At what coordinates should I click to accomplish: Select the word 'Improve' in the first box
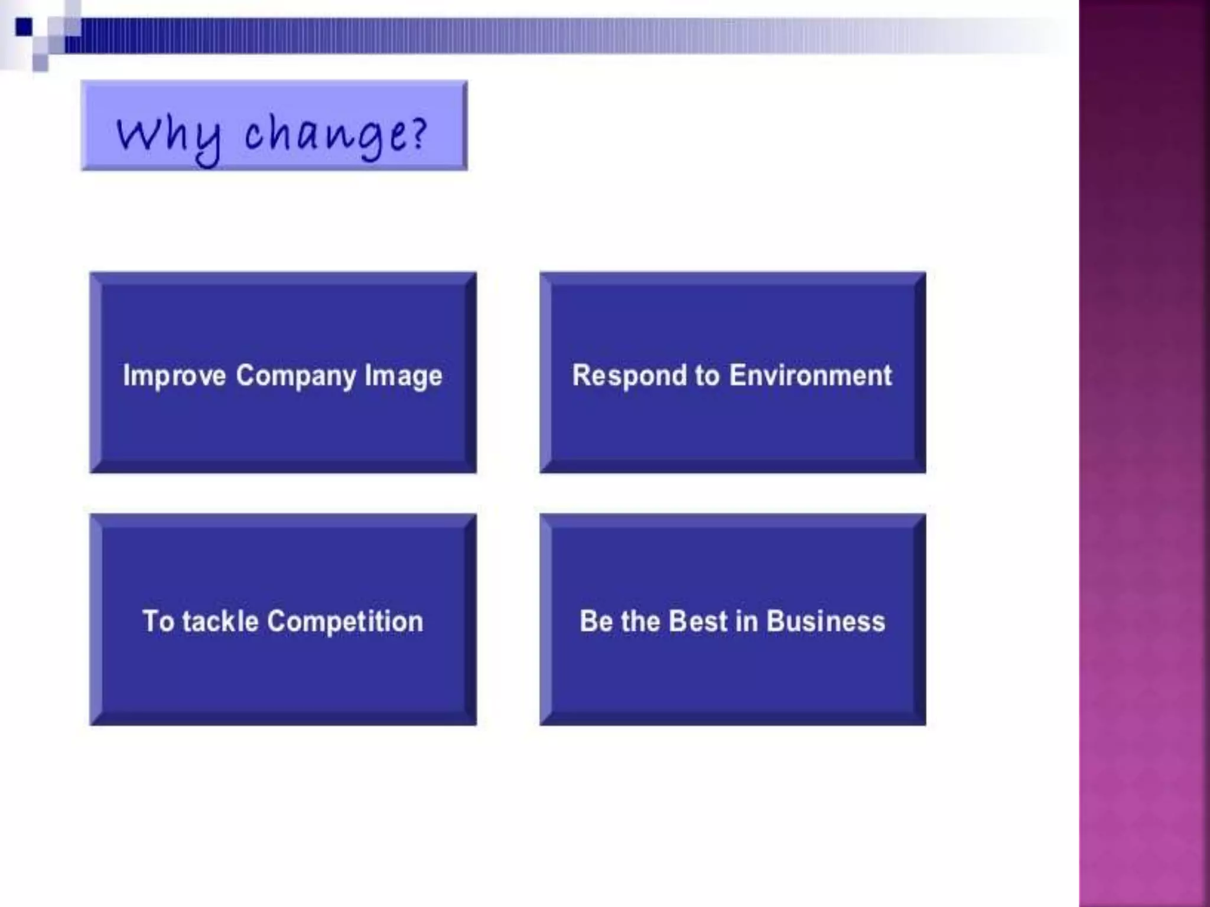(174, 376)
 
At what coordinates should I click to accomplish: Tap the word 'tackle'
(220, 621)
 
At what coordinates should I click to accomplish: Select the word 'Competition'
(346, 621)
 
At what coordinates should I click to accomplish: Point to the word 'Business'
(826, 621)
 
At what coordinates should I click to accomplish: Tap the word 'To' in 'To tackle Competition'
(158, 621)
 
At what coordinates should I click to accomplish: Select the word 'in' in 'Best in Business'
(747, 621)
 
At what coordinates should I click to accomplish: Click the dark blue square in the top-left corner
(24, 27)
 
